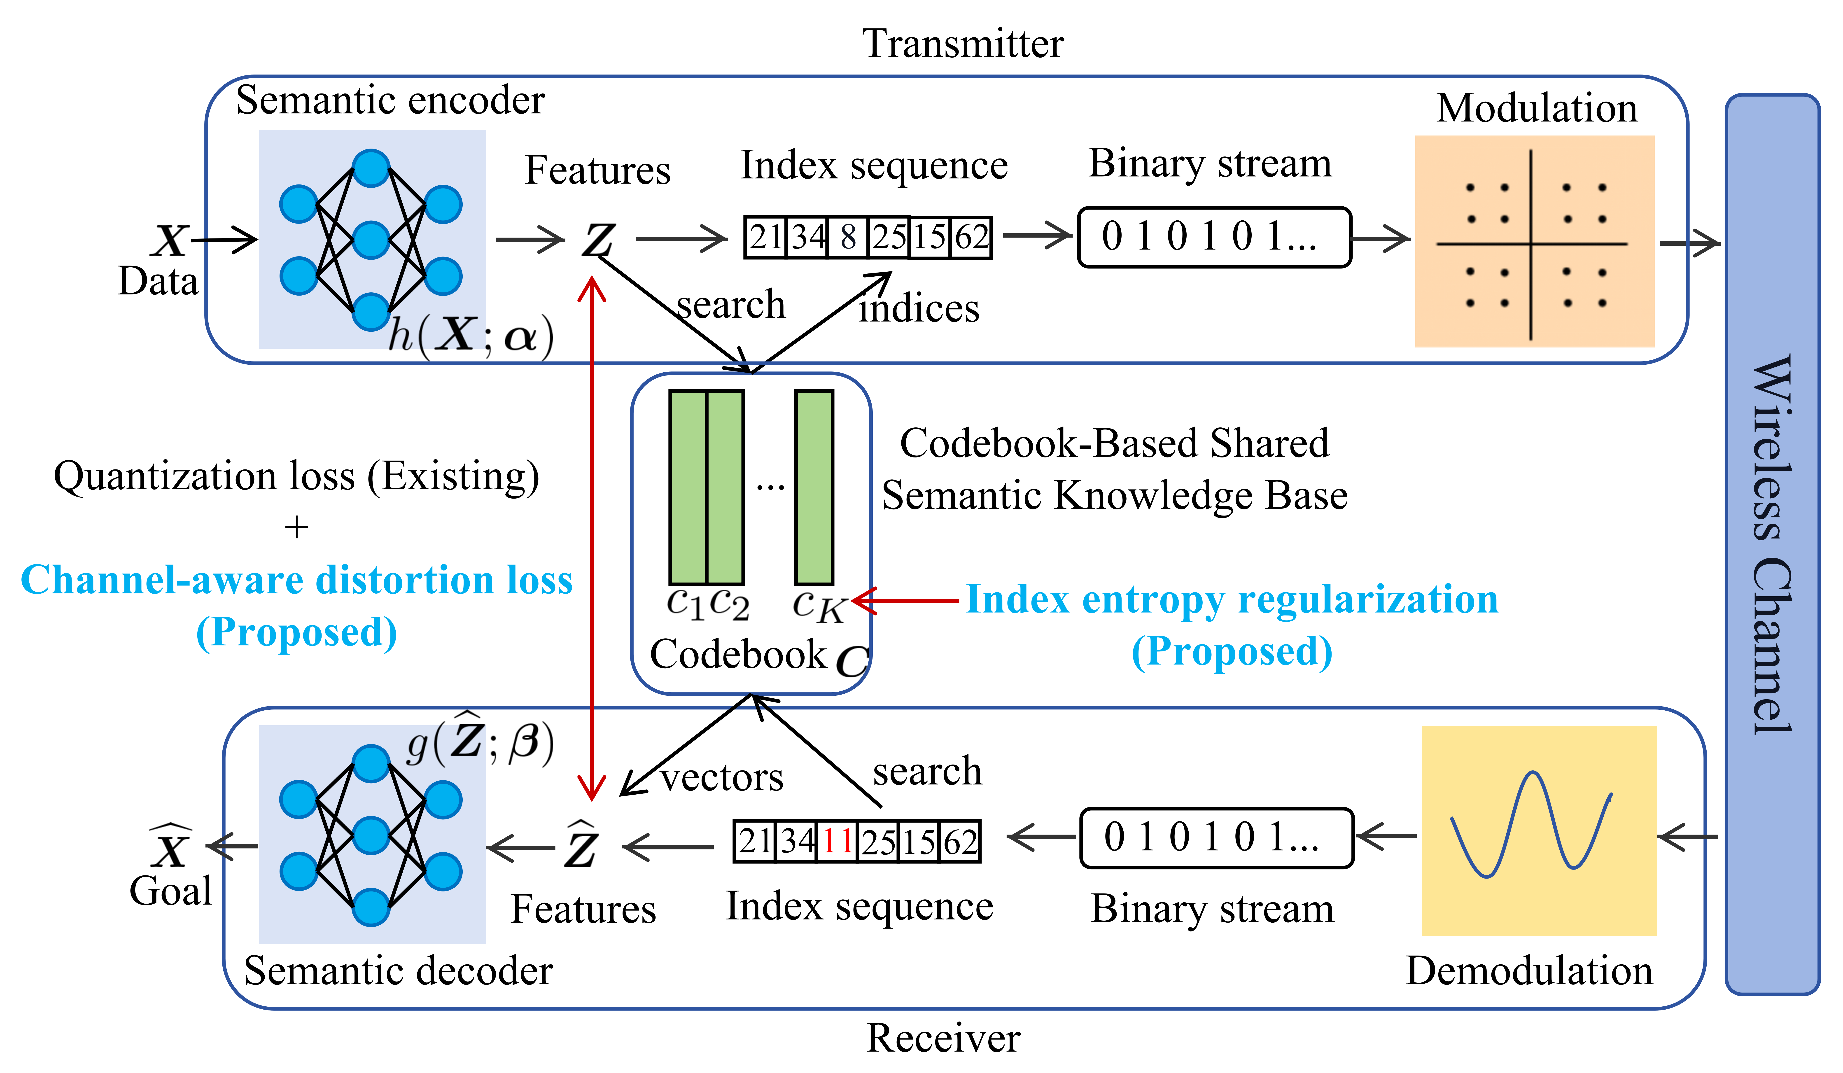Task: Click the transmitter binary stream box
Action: click(x=1214, y=237)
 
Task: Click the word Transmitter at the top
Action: click(x=962, y=44)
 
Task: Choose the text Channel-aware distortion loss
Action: click(x=296, y=580)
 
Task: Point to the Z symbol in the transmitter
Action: click(x=598, y=239)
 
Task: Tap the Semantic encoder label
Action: click(x=390, y=100)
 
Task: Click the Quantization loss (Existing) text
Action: click(x=296, y=476)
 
